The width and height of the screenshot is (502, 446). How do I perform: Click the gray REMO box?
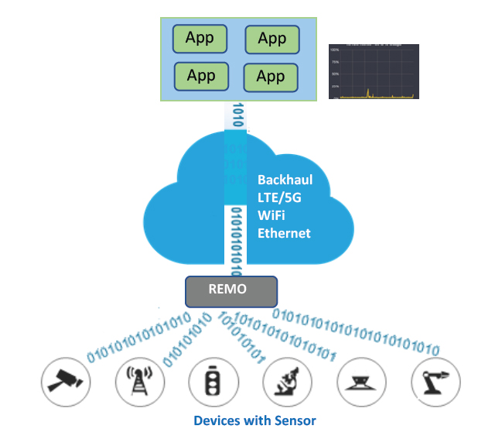(x=231, y=291)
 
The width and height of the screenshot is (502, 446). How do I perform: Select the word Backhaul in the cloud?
(x=283, y=180)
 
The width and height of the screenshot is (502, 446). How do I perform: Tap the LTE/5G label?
(x=278, y=198)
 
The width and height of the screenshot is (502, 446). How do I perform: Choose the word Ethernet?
(x=283, y=233)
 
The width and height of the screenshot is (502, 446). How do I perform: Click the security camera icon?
(x=66, y=381)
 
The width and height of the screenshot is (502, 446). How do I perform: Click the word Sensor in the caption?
(x=295, y=421)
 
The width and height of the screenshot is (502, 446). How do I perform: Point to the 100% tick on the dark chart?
(x=334, y=50)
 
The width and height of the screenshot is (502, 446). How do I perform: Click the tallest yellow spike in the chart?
(x=369, y=92)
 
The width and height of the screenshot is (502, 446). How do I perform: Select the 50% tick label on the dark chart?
(x=335, y=74)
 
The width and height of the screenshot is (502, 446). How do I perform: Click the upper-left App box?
(x=199, y=38)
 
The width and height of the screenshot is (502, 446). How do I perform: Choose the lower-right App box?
(x=270, y=77)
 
